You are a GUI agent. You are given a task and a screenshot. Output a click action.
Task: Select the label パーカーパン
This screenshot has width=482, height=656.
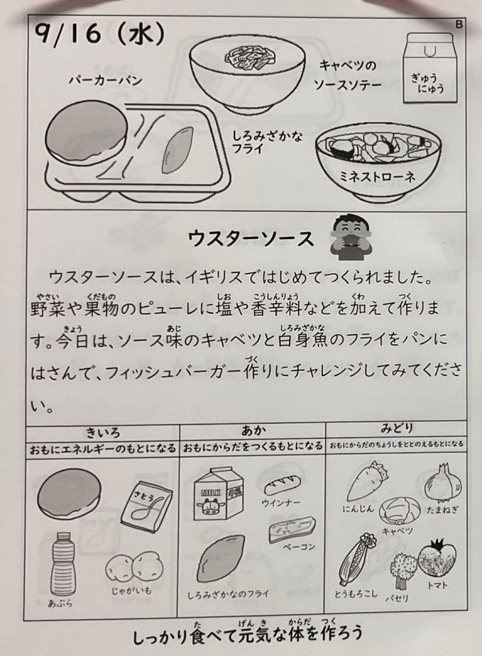click(105, 80)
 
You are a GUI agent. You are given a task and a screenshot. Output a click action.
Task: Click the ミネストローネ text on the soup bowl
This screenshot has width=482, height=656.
click(377, 176)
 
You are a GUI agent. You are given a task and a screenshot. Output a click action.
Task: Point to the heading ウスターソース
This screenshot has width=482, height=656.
click(251, 238)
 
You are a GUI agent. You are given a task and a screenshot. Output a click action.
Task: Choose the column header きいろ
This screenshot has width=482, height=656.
click(103, 431)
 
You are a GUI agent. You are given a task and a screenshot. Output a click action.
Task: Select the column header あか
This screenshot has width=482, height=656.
click(253, 430)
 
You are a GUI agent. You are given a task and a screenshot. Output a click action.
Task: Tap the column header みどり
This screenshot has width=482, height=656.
click(396, 428)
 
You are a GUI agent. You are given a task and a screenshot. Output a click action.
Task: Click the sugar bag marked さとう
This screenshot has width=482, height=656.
click(147, 506)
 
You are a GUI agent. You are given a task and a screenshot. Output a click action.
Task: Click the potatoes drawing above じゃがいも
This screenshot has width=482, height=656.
click(134, 567)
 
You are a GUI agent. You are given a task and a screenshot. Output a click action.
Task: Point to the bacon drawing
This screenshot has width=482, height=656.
click(292, 529)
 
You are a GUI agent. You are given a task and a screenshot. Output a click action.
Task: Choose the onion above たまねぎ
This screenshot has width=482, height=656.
click(443, 483)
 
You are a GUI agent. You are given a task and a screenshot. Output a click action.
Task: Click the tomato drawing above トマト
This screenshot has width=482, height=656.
click(437, 559)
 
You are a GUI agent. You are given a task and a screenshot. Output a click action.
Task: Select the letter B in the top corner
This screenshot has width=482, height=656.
click(459, 25)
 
